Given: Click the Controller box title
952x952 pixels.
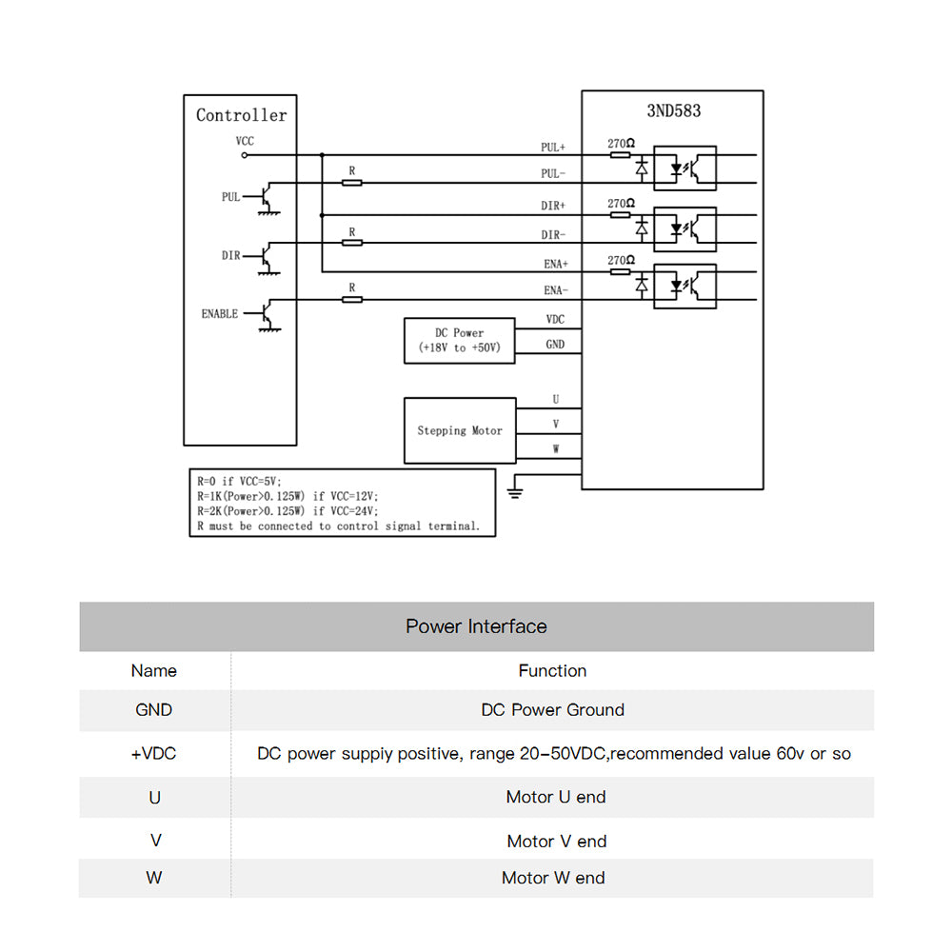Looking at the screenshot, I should [241, 115].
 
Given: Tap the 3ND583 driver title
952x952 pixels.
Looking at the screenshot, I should [673, 110].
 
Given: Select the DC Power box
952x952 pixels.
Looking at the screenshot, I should [460, 341].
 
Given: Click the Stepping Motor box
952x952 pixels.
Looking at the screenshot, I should [460, 430].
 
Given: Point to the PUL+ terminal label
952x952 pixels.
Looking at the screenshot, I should [553, 148].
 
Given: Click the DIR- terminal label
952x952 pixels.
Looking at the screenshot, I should [553, 235].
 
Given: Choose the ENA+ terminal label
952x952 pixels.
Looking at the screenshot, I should [554, 266].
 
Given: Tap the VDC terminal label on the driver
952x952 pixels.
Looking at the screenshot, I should [555, 320].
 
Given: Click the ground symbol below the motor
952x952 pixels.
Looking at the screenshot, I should [515, 490].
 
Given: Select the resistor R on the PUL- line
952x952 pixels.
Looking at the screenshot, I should [352, 182].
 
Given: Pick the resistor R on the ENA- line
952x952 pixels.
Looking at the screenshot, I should [352, 299].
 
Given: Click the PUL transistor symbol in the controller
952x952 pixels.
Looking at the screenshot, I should [268, 198].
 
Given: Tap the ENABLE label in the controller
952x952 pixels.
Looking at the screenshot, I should [220, 314].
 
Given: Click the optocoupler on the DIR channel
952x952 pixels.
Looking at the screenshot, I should [684, 228].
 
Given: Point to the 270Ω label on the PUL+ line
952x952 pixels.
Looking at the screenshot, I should [622, 145].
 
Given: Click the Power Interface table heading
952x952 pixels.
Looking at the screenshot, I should [476, 626].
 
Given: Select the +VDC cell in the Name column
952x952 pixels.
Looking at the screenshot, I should [154, 754].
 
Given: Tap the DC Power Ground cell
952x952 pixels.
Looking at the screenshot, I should [553, 710].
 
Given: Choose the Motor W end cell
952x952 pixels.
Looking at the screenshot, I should [553, 878].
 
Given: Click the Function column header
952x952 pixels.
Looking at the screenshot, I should [552, 671].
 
